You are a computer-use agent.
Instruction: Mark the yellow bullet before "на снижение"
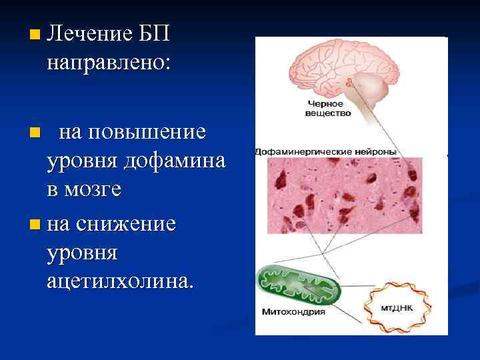click(35, 224)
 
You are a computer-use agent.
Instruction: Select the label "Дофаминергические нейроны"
click(326, 152)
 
